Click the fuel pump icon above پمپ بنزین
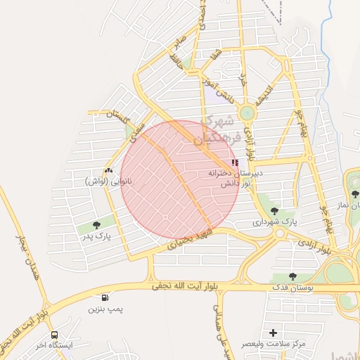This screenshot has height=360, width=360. (105, 298)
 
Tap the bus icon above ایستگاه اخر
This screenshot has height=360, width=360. (54, 335)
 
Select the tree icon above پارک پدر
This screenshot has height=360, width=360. (96, 225)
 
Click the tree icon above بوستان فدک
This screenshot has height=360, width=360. (292, 277)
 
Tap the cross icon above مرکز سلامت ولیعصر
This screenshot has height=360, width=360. (273, 333)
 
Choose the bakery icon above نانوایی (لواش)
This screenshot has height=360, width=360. (108, 171)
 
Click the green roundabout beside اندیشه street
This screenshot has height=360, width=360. (247, 112)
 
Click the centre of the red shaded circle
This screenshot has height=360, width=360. (179, 179)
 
